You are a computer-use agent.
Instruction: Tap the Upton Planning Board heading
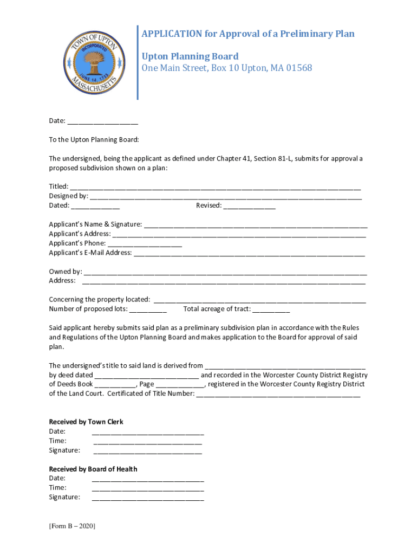point(190,56)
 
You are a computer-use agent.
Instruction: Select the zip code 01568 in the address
point(297,68)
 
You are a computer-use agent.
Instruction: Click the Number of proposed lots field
point(148,310)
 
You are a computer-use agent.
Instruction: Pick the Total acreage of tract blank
point(271,310)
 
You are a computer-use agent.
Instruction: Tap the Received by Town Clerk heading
point(86,422)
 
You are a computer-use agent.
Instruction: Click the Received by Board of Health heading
point(93,469)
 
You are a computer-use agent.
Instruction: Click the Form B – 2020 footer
point(72,526)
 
